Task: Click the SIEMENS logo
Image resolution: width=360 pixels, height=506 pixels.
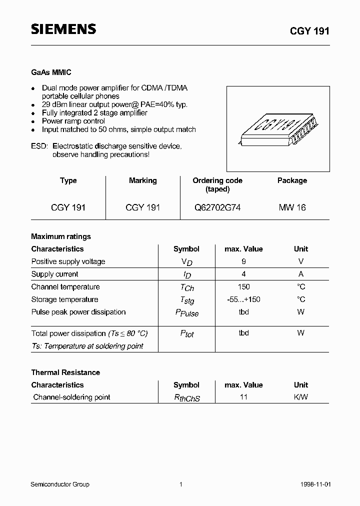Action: [63, 29]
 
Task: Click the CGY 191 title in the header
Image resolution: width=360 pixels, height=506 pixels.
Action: [309, 30]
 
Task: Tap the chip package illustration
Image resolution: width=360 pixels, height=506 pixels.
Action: [278, 128]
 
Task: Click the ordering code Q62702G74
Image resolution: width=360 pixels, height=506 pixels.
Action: [217, 207]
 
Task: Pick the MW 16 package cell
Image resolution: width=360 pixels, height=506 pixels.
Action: [292, 207]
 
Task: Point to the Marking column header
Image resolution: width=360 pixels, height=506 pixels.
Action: [142, 180]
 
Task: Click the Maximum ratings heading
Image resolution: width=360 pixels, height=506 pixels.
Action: [61, 236]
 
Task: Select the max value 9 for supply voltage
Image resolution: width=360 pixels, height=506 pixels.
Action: [243, 261]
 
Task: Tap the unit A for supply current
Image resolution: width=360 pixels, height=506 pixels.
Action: [301, 274]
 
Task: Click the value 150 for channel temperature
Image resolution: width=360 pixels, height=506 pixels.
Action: [243, 287]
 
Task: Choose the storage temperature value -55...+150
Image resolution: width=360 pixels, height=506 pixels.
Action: [243, 299]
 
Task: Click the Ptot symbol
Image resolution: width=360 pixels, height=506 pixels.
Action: [186, 333]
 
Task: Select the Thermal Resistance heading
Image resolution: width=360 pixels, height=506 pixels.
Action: [65, 372]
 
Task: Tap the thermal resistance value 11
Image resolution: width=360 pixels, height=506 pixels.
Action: [243, 397]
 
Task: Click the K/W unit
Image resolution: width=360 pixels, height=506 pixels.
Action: [301, 397]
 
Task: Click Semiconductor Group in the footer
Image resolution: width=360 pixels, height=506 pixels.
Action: [60, 484]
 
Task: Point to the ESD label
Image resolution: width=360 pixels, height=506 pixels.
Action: [39, 146]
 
